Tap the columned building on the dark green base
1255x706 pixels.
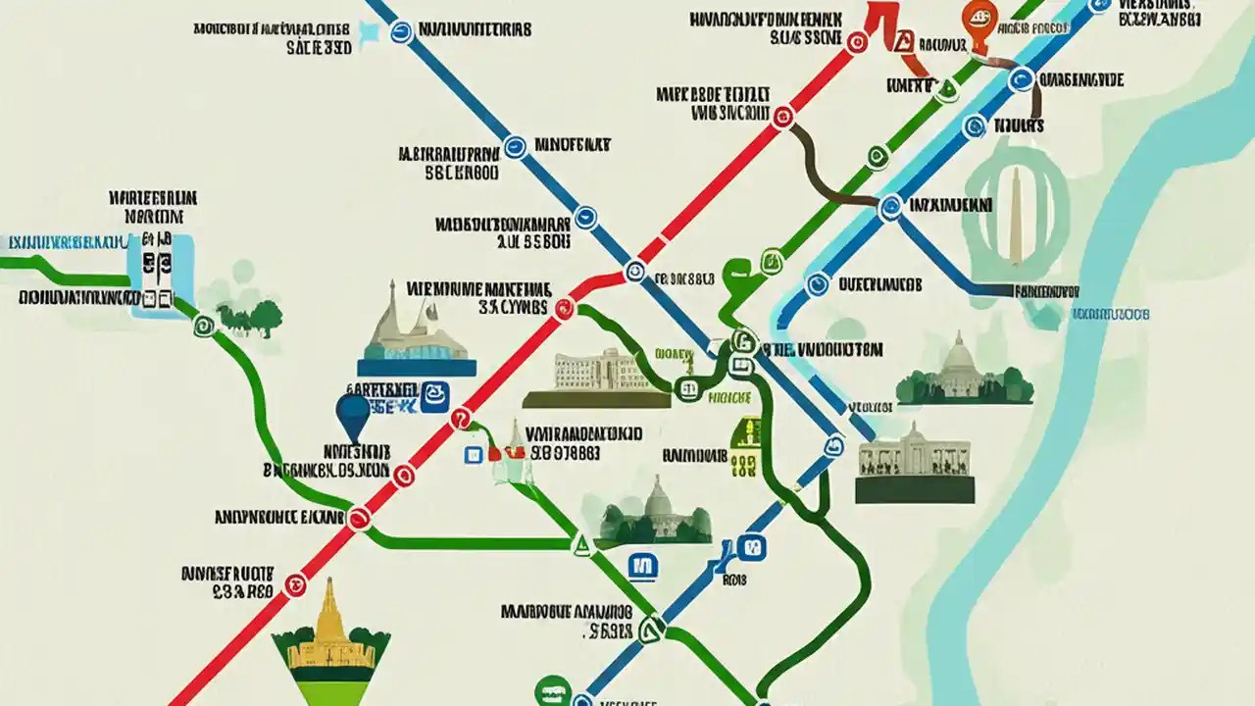pos(915,462)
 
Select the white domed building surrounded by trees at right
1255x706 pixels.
pos(964,373)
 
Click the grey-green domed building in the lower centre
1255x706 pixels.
pos(655,513)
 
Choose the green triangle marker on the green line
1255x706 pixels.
pos(580,544)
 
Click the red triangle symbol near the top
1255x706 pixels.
pos(904,41)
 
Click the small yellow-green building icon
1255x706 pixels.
pos(746,447)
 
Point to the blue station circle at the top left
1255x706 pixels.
pos(401,32)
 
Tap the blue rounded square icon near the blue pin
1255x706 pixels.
pos(433,395)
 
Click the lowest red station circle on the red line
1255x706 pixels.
pos(295,585)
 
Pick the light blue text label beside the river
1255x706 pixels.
pos(1110,315)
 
